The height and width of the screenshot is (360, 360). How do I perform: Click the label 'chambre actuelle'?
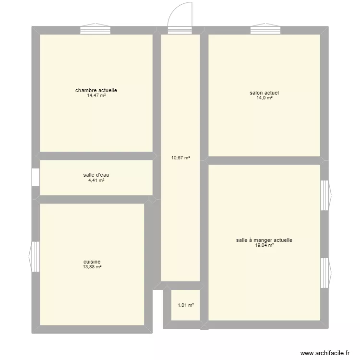pyautogui.click(x=96, y=90)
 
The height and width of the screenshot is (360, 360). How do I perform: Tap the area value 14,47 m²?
pyautogui.click(x=96, y=96)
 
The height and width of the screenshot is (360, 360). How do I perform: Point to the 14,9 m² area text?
pyautogui.click(x=264, y=98)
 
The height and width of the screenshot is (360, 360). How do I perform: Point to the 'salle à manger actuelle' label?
pyautogui.click(x=264, y=240)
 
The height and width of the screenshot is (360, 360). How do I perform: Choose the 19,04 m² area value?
pyautogui.click(x=264, y=245)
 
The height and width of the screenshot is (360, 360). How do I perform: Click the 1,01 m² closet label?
pyautogui.click(x=185, y=305)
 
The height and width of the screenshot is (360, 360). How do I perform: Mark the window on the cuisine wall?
pyautogui.click(x=35, y=256)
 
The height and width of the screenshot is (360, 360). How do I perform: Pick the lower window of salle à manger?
pyautogui.click(x=324, y=272)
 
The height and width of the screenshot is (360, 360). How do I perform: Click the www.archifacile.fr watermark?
pyautogui.click(x=325, y=353)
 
